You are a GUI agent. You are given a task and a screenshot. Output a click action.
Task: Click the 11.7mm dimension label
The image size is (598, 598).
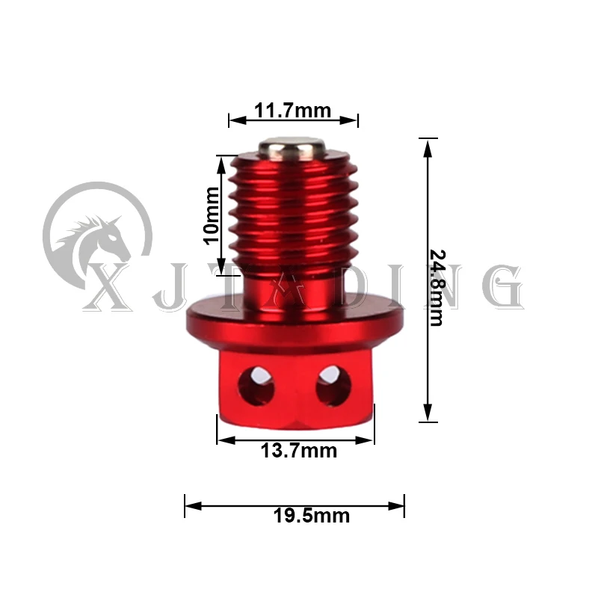[292, 110]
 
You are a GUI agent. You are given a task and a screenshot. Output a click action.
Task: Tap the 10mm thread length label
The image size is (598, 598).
[212, 215]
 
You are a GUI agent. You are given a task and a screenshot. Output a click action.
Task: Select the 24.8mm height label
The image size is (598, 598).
[437, 288]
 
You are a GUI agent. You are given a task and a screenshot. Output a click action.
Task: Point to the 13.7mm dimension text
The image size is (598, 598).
[298, 451]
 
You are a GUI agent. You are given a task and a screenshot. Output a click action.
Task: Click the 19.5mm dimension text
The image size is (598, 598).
[311, 516]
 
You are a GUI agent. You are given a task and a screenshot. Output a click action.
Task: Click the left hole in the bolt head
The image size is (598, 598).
[256, 385]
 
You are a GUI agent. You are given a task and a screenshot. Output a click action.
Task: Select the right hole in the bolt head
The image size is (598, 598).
[333, 385]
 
